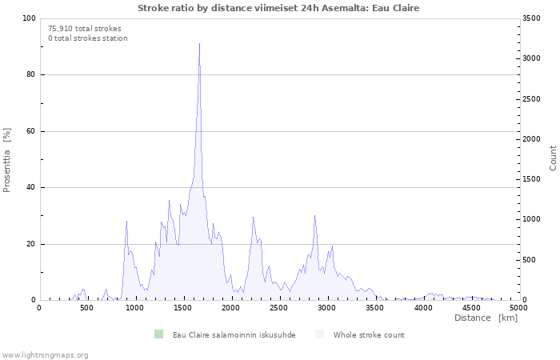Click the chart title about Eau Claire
(278, 8)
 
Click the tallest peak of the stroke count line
(199, 44)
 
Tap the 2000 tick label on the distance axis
(230, 308)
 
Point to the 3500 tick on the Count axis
(531, 18)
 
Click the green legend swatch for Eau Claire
(158, 334)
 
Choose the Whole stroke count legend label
(369, 335)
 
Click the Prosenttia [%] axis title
(6, 160)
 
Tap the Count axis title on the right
(553, 158)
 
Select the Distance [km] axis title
(486, 318)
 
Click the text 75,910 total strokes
(85, 29)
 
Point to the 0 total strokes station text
(88, 38)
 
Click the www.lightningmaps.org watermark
(45, 355)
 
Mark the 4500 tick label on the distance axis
(470, 308)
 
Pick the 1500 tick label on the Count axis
(531, 179)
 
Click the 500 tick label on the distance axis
(86, 308)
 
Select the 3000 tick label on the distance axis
(326, 308)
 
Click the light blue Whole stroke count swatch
(319, 334)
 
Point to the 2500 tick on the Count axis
(531, 99)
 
